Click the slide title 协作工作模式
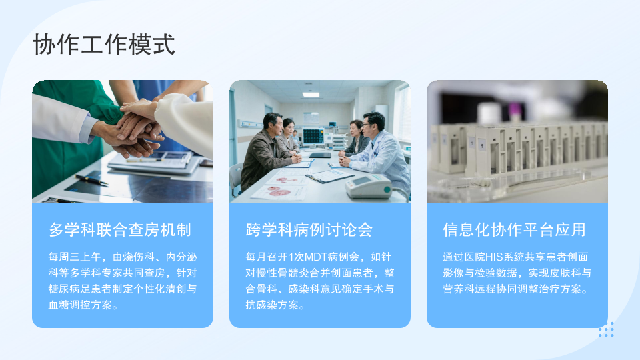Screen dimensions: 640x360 coord(104,45)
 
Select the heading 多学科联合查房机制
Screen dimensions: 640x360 coord(120,230)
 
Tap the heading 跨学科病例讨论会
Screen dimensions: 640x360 coord(309,230)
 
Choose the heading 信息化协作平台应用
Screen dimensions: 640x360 coord(514,230)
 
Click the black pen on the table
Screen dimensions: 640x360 coord(91,179)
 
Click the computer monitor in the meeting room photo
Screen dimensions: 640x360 coord(313,137)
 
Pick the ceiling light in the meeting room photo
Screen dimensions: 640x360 coord(311,95)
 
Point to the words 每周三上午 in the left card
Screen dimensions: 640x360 coord(75,257)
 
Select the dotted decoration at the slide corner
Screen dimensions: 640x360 coord(606,329)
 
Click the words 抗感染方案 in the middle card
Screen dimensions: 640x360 coord(272,305)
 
